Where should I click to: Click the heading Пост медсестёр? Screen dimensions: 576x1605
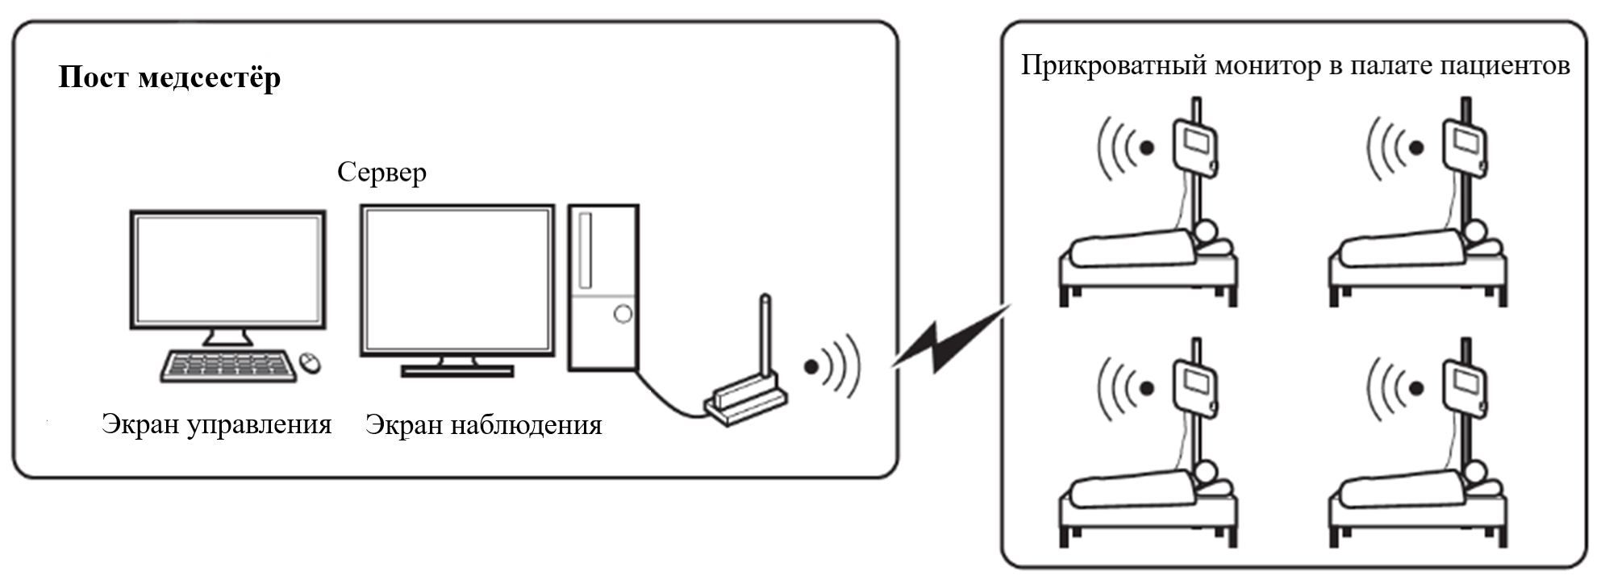[169, 78]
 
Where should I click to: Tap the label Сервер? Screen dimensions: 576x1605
[381, 172]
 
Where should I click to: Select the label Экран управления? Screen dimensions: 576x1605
[216, 424]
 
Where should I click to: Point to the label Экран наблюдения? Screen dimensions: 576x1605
[483, 425]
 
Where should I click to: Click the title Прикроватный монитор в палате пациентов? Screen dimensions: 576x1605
[1295, 65]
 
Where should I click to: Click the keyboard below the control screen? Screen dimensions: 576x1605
[228, 365]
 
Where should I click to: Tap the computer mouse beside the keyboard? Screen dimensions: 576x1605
[309, 363]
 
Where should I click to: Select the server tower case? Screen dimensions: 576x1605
[603, 287]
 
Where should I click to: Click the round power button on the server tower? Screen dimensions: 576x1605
[622, 314]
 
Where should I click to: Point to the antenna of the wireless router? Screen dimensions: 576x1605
[765, 339]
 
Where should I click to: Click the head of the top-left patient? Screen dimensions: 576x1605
[1206, 232]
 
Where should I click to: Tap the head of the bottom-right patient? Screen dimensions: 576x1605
[1476, 473]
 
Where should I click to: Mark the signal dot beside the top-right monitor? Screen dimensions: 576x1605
[1416, 148]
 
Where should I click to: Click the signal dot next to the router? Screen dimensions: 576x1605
[811, 367]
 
